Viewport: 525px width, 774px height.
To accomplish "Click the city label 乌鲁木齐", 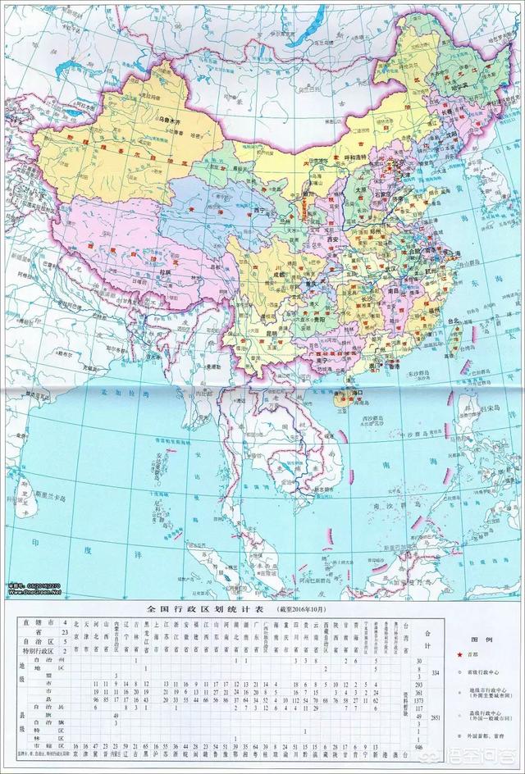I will (170, 120).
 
